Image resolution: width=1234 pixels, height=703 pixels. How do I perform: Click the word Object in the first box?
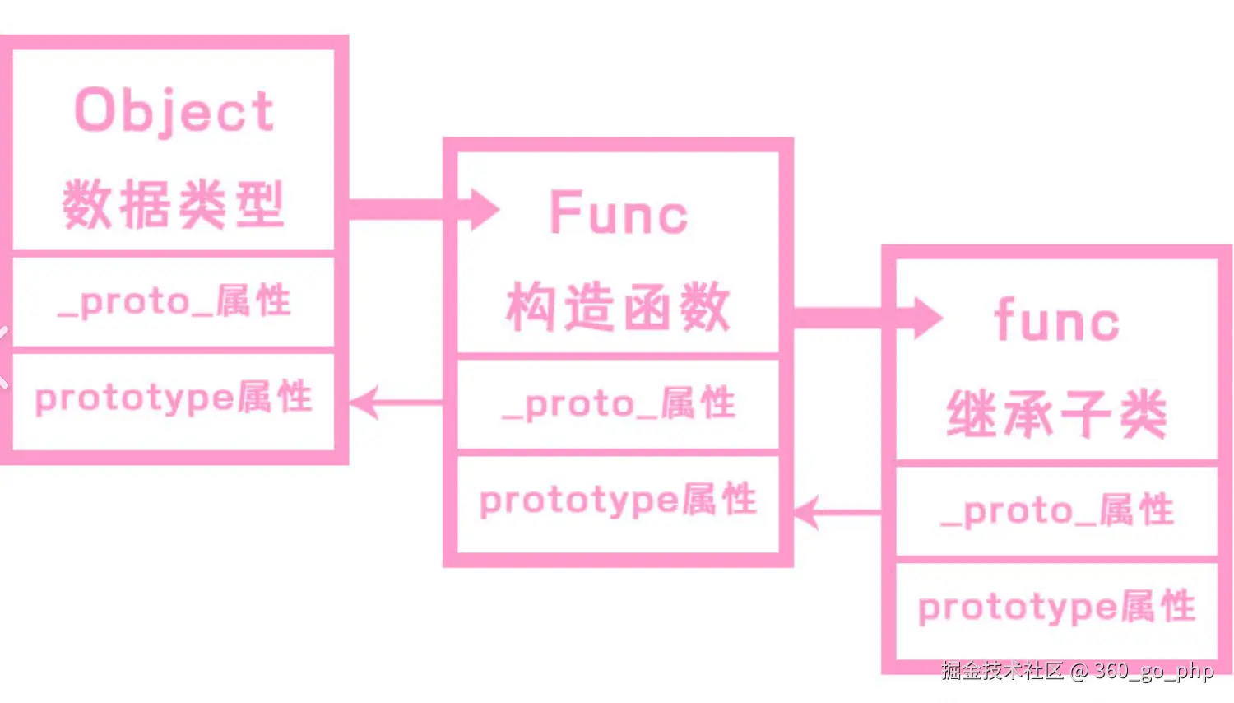click(174, 110)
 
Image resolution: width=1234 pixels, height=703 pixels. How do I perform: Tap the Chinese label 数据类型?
click(174, 204)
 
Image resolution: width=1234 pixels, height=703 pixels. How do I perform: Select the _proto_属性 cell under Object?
click(174, 301)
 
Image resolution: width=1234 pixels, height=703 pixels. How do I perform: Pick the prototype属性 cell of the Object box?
click(174, 398)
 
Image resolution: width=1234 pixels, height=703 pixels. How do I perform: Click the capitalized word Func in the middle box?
click(618, 213)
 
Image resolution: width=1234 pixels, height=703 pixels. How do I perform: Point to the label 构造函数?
click(618, 306)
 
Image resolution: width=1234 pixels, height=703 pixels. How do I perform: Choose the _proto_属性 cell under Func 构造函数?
click(618, 403)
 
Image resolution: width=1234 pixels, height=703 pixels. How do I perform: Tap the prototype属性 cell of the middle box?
click(618, 500)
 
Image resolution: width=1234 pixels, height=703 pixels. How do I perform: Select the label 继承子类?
click(1056, 414)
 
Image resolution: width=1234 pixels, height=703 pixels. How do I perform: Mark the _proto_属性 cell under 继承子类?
click(1056, 511)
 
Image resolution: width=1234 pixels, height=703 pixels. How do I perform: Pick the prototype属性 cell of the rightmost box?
click(1056, 608)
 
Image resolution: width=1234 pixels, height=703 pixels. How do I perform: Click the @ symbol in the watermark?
click(1079, 672)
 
